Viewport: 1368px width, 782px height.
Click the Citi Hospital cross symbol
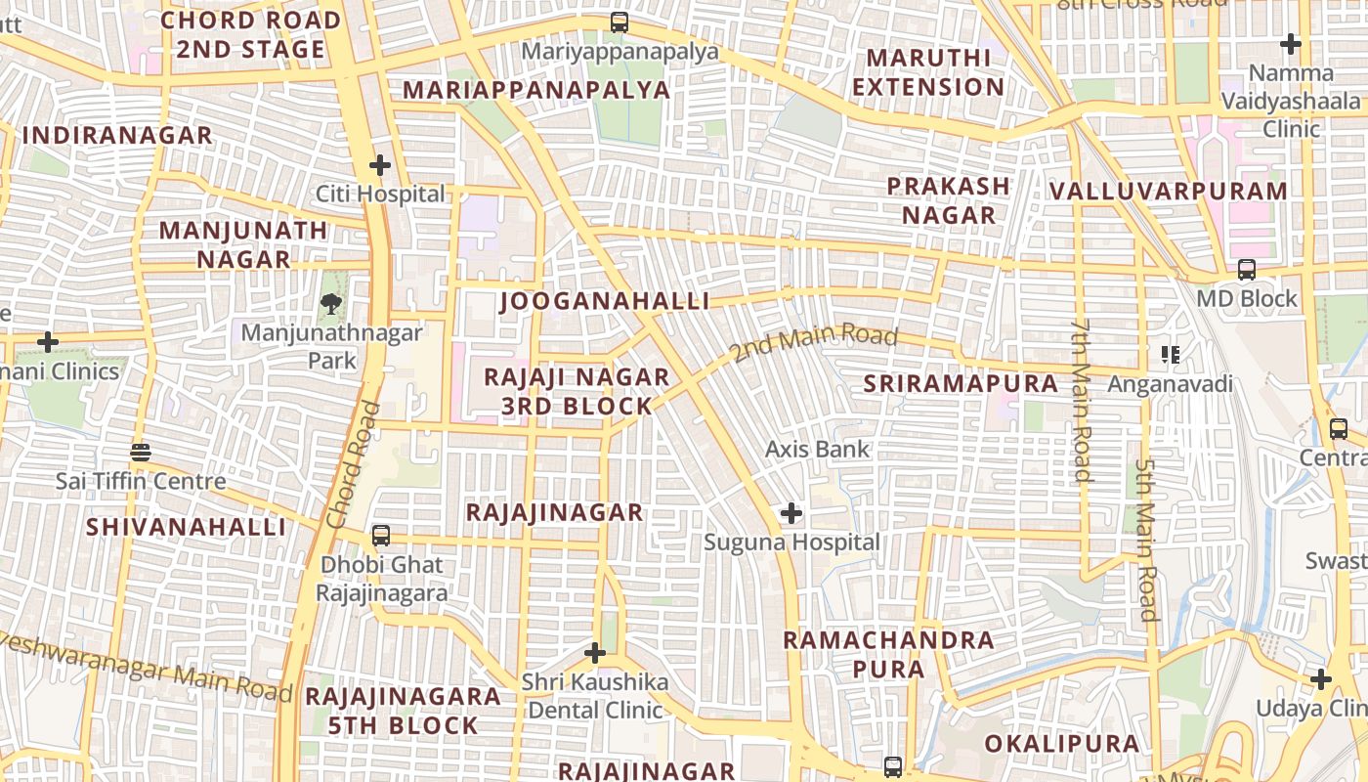[380, 165]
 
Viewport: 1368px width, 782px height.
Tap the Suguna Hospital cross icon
[791, 512]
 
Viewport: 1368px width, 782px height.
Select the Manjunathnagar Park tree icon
[332, 303]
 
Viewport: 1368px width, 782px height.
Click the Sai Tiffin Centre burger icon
[141, 453]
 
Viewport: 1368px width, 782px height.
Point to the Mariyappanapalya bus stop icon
[619, 22]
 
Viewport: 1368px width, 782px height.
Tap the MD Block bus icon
[1247, 270]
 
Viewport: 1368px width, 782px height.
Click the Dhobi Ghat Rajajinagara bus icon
[381, 536]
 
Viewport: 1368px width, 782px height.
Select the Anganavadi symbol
[1170, 355]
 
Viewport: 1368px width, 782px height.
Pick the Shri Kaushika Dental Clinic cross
[594, 652]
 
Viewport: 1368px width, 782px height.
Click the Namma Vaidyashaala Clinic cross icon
[1291, 44]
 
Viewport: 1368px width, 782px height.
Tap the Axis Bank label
[817, 450]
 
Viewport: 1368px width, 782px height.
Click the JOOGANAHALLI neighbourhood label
[605, 301]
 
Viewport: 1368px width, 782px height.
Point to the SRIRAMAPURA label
[961, 384]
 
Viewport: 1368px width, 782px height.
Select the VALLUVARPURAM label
[1169, 191]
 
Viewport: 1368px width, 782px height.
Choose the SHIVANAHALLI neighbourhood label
[186, 527]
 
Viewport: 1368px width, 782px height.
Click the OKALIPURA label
[1061, 744]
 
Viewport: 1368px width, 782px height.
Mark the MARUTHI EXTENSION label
[927, 72]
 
